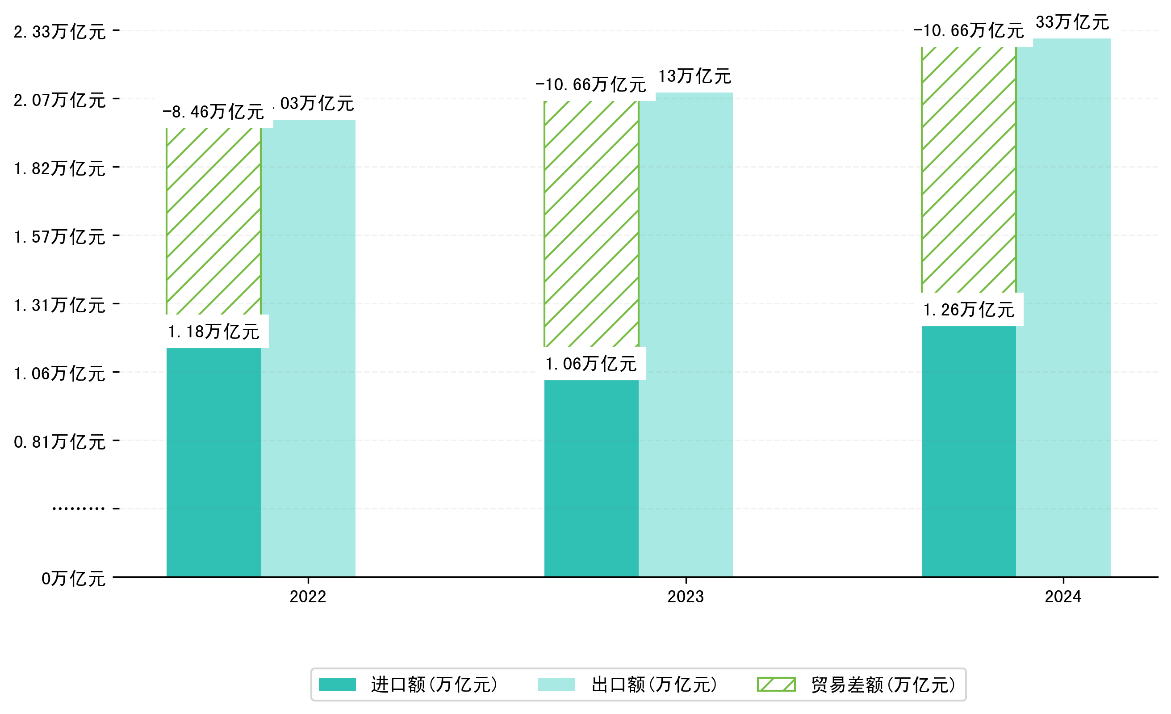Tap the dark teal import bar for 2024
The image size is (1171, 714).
(969, 451)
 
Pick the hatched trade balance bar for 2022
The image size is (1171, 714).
(213, 221)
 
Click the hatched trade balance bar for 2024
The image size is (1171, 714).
(969, 170)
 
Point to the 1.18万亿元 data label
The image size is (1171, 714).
(213, 332)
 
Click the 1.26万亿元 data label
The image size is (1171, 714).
(969, 310)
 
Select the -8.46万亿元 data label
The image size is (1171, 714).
(213, 112)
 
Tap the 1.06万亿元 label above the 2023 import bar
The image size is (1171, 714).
(591, 364)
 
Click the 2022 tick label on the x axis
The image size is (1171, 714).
(308, 596)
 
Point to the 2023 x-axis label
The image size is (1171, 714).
(685, 596)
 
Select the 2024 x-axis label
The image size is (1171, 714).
(1062, 596)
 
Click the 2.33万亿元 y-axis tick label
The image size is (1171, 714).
(60, 32)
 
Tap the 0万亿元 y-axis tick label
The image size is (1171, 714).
(73, 579)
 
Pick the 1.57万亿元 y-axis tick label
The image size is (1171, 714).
(60, 237)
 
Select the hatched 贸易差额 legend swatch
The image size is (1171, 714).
(776, 685)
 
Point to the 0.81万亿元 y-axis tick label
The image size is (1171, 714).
(60, 441)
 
